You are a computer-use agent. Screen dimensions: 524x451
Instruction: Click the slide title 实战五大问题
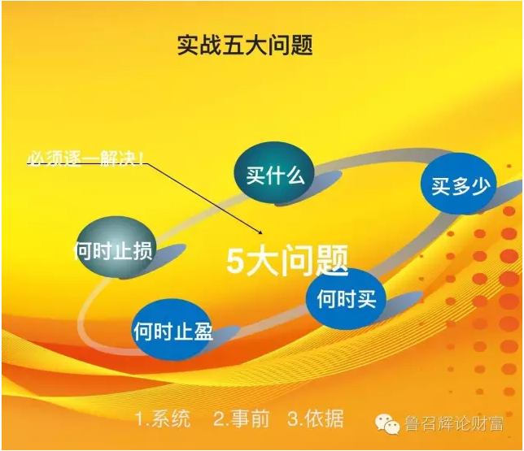point(245,45)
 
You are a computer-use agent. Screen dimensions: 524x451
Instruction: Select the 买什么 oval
point(274,173)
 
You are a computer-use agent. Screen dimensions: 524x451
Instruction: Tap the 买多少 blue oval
point(459,184)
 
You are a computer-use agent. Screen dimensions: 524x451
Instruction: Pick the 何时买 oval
point(347,298)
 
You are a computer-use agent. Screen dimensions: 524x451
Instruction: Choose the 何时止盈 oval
point(172,330)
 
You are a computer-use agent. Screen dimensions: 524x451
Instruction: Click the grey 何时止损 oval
point(115,248)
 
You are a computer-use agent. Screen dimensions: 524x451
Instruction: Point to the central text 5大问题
point(287,260)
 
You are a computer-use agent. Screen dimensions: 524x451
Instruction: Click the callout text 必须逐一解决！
point(86,158)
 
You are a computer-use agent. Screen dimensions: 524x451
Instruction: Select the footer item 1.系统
point(164,419)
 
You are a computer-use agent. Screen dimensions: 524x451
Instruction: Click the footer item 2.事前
point(242,419)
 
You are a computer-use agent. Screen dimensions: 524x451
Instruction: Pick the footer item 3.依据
point(316,419)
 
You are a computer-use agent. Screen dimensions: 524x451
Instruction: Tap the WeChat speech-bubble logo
point(387,424)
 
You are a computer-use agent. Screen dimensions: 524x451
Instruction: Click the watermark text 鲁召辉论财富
point(454,424)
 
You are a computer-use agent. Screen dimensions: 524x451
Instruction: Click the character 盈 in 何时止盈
point(202,332)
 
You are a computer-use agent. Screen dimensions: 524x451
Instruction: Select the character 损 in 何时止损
point(142,249)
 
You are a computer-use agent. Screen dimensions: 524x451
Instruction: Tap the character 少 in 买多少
point(481,185)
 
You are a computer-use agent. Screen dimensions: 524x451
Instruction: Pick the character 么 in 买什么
point(295,175)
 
